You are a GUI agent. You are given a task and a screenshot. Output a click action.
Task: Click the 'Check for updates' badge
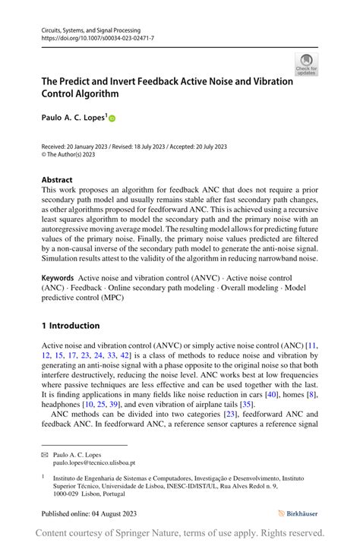[306, 65]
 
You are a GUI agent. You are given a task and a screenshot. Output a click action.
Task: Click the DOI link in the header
[97, 37]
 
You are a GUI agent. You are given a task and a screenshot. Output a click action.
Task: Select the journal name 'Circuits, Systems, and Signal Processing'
[92, 29]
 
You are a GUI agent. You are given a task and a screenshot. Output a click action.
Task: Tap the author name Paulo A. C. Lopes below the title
[74, 118]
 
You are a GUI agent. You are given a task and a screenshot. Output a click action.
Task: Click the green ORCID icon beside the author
[112, 118]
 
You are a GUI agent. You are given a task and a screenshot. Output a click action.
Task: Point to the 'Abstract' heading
[57, 180]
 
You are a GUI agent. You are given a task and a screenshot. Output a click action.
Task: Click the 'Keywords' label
[58, 279]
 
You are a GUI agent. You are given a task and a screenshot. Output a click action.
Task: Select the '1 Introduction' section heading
[71, 326]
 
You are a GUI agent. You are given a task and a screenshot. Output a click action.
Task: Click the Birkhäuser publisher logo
[298, 513]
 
